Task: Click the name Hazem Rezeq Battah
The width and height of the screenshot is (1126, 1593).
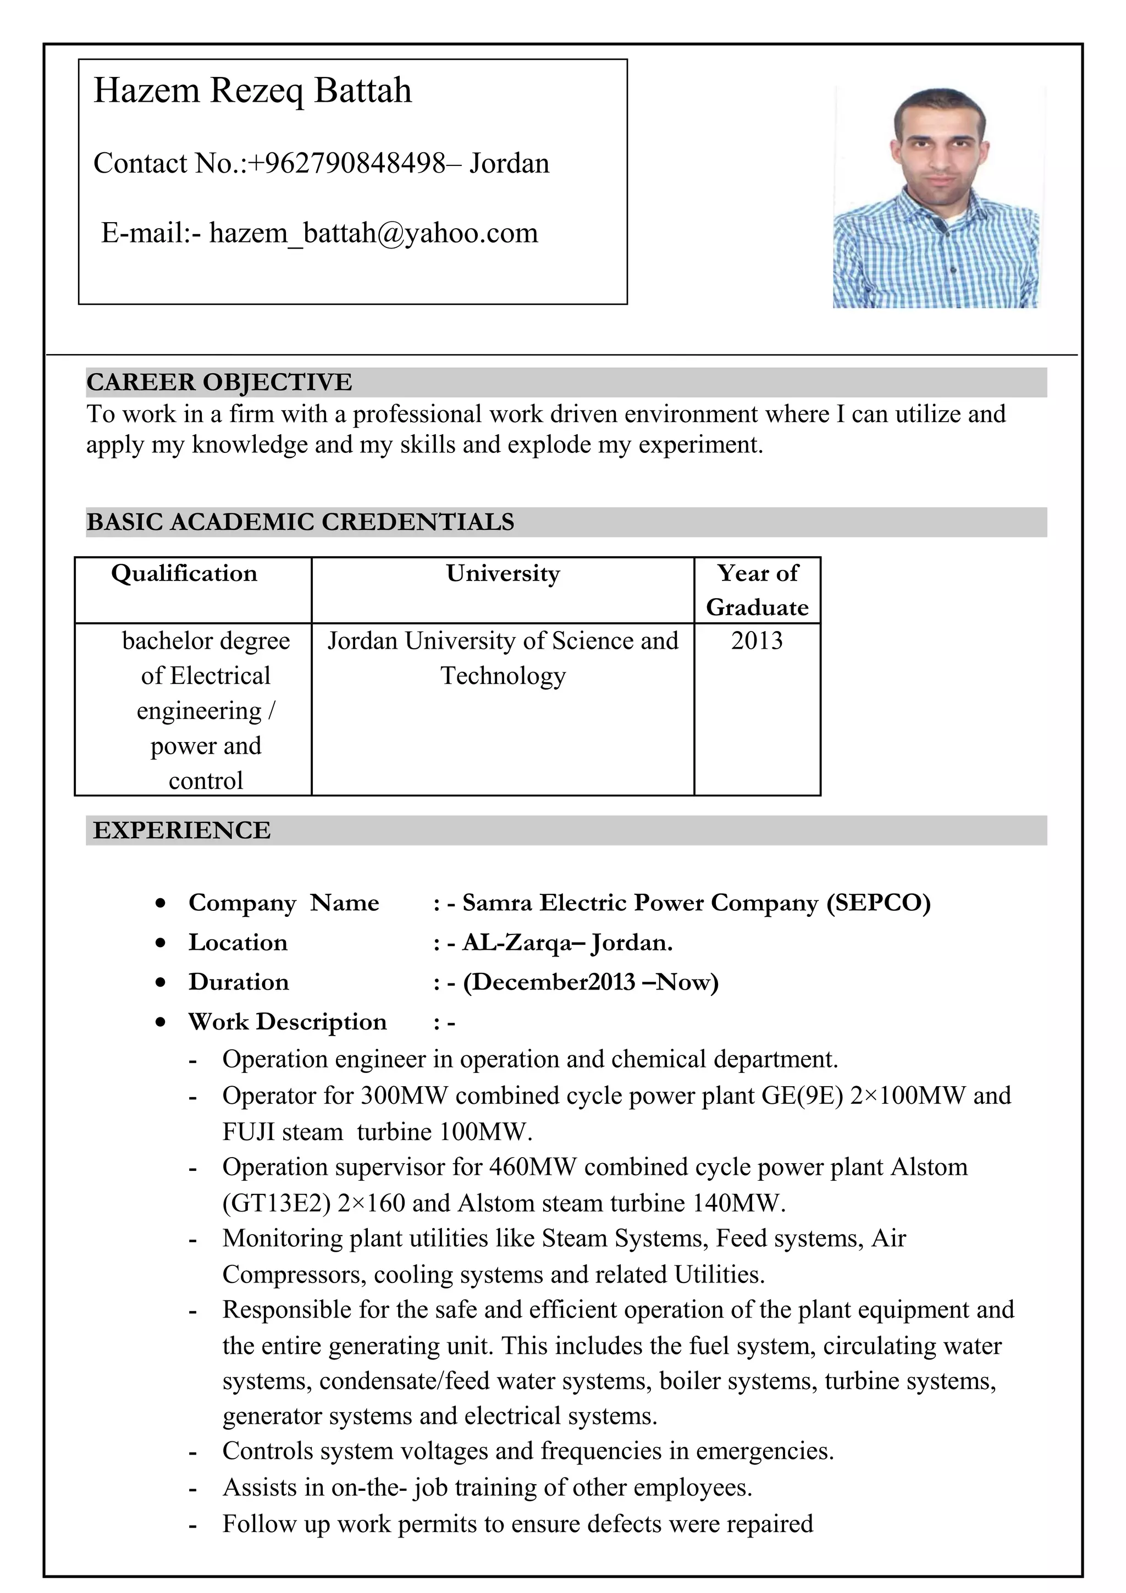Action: pyautogui.click(x=252, y=91)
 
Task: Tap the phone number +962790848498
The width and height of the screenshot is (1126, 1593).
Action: pyautogui.click(x=348, y=164)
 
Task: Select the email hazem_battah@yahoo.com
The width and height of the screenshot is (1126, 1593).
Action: pyautogui.click(x=373, y=233)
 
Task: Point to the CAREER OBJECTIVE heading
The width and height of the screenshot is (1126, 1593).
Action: pyautogui.click(x=219, y=382)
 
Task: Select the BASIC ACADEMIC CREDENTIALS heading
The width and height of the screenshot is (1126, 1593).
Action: pyautogui.click(x=300, y=522)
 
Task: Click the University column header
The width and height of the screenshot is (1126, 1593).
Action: pyautogui.click(x=503, y=574)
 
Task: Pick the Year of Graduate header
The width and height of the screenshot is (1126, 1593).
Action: pyautogui.click(x=757, y=590)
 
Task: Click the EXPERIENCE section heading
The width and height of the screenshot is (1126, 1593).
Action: pyautogui.click(x=182, y=831)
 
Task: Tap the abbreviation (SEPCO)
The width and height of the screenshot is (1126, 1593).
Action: pyautogui.click(x=879, y=903)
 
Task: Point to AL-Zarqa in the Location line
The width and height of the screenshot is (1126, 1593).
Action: pyautogui.click(x=517, y=943)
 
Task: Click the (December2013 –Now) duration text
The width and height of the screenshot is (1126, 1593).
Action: pyautogui.click(x=590, y=982)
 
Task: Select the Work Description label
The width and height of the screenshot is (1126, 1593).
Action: pyautogui.click(x=287, y=1022)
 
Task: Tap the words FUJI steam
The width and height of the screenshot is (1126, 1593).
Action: pyautogui.click(x=283, y=1132)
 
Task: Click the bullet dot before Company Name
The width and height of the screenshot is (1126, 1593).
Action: pyautogui.click(x=161, y=903)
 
